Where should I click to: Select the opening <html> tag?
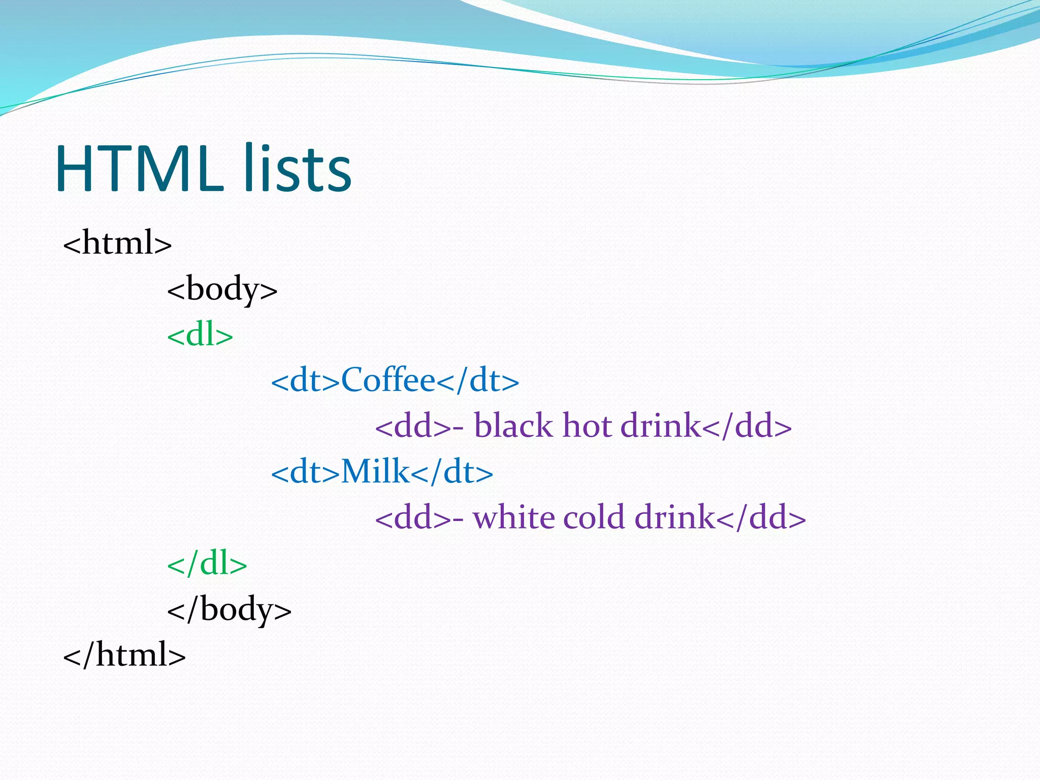pos(117,243)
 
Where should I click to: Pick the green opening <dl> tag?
pos(200,335)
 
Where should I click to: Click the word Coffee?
pos(388,380)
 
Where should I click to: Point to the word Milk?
pos(375,472)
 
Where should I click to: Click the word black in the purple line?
pos(513,426)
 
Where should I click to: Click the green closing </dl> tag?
pos(207,564)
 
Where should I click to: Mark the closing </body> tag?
pos(230,609)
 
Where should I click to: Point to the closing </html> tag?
pos(124,655)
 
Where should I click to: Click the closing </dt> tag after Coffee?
pos(478,380)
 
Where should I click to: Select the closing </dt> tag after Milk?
pos(452,472)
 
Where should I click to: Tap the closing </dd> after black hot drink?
pos(747,426)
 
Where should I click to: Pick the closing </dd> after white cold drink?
pos(761,517)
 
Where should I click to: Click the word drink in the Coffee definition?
pos(661,426)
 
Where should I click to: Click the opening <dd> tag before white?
pos(412,517)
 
